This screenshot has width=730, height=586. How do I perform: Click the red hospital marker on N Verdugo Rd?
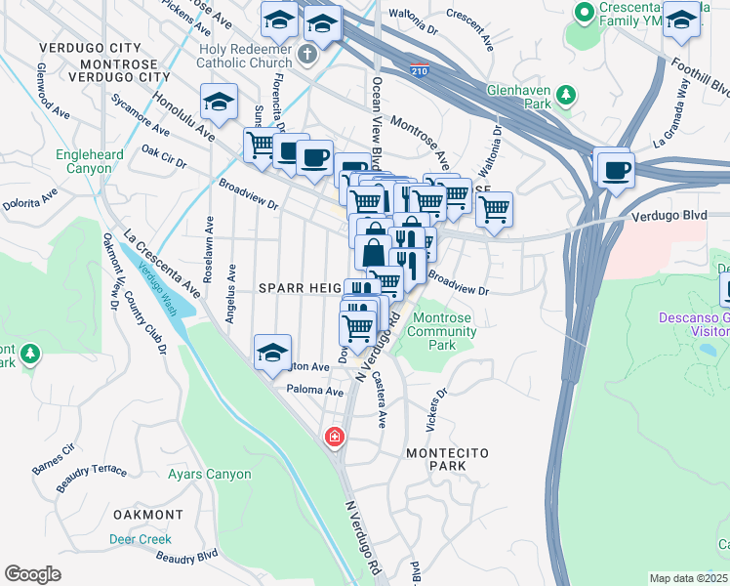click(x=334, y=436)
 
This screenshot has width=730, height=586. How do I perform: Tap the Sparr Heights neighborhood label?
click(x=298, y=288)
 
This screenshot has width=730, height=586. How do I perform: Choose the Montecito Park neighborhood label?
click(x=446, y=459)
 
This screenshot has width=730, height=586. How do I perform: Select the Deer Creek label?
click(x=140, y=539)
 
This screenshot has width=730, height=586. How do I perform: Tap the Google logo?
click(x=32, y=574)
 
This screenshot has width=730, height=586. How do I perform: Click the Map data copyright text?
click(x=689, y=578)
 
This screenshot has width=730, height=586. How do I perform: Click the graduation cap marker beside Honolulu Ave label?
click(x=220, y=101)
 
